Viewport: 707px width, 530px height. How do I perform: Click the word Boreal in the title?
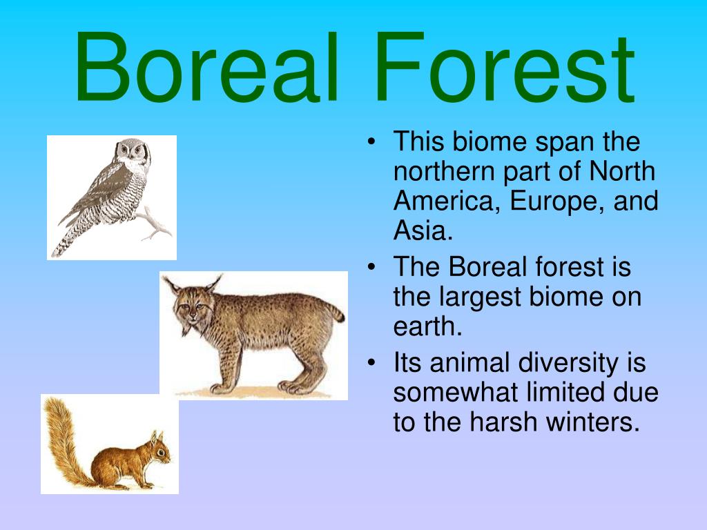click(206, 68)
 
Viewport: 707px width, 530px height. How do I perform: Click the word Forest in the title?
click(505, 68)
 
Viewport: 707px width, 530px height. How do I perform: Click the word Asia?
click(423, 230)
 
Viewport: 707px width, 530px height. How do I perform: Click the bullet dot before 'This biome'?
click(371, 142)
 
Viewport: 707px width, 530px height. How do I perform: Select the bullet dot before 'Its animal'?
click(371, 363)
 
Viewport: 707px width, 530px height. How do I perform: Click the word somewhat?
click(455, 392)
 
